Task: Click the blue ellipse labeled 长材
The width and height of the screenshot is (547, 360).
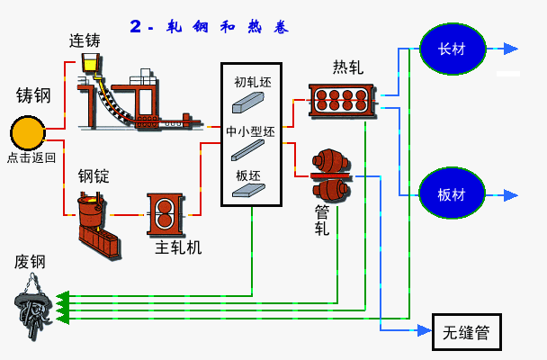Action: click(x=453, y=48)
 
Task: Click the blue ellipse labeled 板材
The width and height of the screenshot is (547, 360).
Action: click(x=453, y=194)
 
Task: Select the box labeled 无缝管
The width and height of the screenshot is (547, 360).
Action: click(x=465, y=333)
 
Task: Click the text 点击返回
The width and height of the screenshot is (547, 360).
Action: click(x=31, y=157)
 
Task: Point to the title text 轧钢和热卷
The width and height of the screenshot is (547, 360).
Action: click(x=210, y=27)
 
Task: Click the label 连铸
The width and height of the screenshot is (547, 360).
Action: click(x=85, y=40)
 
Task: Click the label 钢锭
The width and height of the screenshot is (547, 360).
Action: click(x=93, y=176)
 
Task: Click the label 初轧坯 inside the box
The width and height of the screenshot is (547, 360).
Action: click(x=252, y=82)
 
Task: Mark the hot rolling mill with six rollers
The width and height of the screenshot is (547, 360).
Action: click(x=341, y=99)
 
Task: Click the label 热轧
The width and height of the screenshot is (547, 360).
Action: click(x=347, y=67)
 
